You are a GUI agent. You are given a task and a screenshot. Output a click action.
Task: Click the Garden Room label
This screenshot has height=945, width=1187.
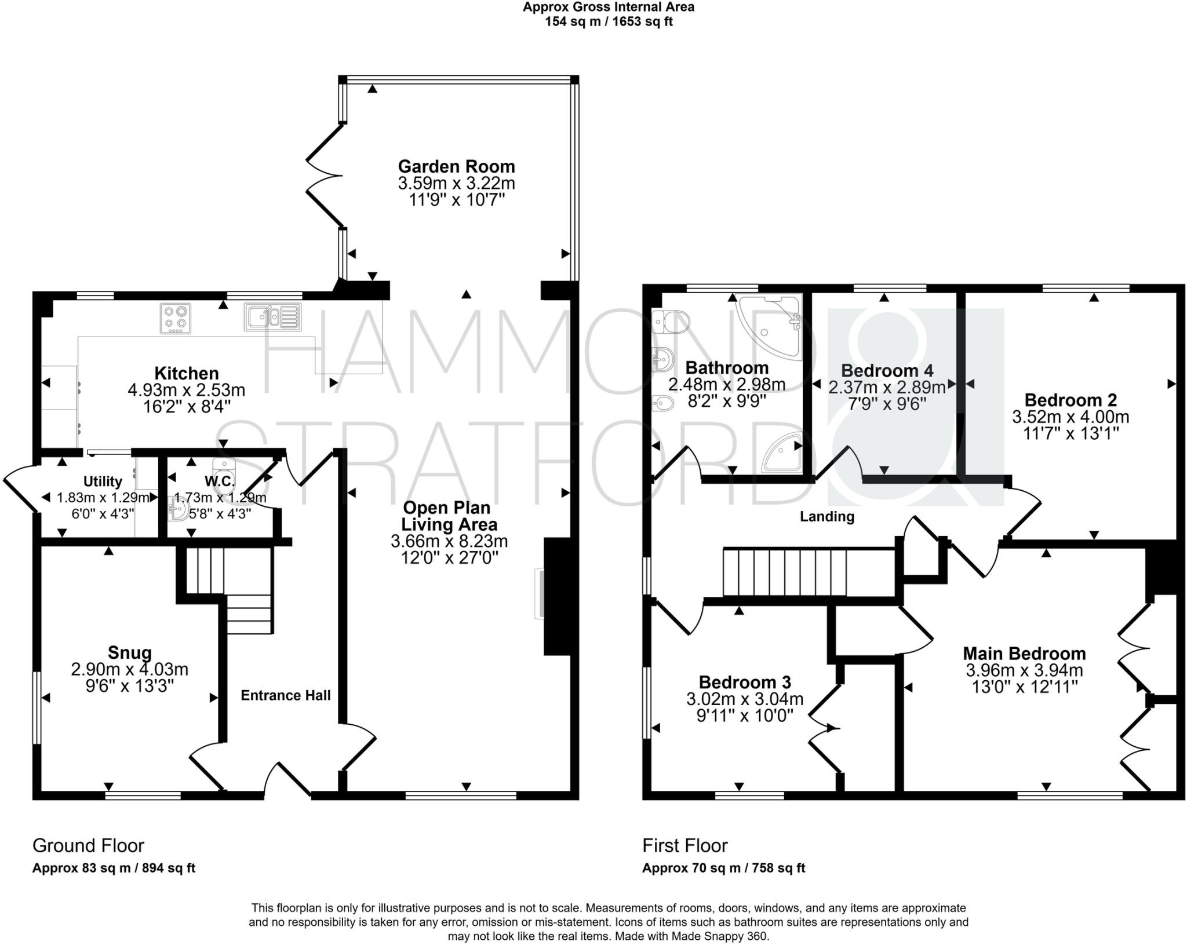(x=456, y=166)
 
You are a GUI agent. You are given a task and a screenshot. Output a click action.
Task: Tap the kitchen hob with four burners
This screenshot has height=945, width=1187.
(x=176, y=319)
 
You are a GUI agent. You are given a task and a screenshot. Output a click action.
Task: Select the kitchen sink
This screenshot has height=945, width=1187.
(x=272, y=317)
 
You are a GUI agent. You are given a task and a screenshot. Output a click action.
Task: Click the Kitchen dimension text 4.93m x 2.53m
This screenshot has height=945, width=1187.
(x=186, y=389)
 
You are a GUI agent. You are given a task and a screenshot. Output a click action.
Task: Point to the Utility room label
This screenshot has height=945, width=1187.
(x=103, y=481)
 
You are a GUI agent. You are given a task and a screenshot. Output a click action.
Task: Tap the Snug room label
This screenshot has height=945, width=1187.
(x=130, y=652)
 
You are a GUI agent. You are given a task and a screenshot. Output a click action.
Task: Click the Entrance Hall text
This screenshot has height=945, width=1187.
(x=286, y=695)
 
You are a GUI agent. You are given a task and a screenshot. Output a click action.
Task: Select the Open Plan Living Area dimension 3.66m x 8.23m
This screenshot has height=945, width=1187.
(x=449, y=541)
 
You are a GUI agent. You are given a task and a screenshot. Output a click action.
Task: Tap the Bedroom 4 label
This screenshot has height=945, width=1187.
(x=887, y=371)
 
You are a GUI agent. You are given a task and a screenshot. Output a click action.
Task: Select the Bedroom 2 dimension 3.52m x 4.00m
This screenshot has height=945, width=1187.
(x=1071, y=417)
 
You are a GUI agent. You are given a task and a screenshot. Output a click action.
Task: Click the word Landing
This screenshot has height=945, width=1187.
(x=827, y=516)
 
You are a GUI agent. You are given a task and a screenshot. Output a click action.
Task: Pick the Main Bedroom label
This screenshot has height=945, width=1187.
(x=1024, y=654)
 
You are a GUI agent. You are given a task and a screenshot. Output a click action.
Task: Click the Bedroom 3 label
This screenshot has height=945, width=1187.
(x=744, y=682)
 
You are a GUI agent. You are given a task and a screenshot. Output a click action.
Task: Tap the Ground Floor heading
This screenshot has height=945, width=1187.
(x=88, y=846)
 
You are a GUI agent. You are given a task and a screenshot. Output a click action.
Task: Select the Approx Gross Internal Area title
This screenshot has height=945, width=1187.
(x=608, y=8)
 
